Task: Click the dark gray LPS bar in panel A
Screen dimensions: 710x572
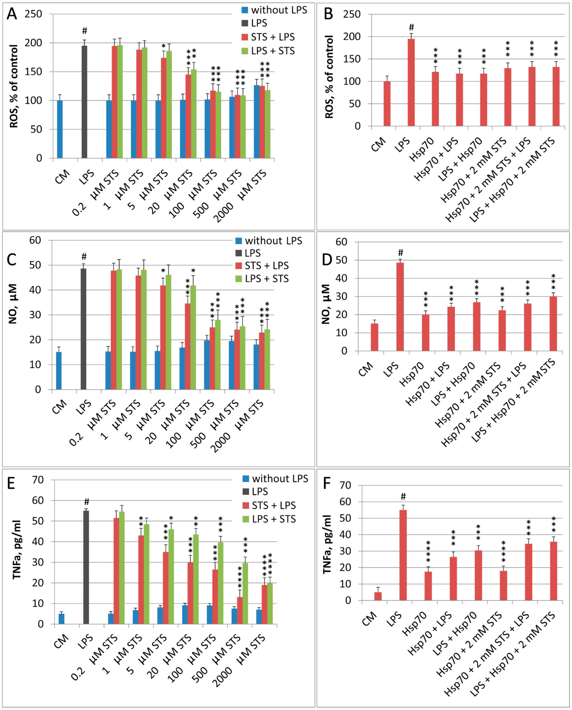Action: (x=84, y=102)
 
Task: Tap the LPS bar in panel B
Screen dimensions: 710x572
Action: (x=411, y=82)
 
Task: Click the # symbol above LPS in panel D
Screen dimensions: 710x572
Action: (x=400, y=253)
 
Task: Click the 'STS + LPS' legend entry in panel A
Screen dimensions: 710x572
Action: (x=273, y=37)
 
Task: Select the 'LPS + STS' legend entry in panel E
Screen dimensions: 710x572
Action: (x=273, y=519)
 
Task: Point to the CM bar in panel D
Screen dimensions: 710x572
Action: (x=374, y=337)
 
